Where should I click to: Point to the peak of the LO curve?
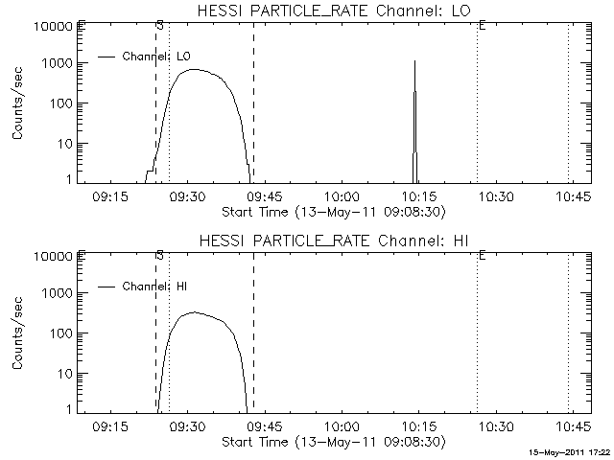coord(194,69)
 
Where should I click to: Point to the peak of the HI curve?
coord(195,312)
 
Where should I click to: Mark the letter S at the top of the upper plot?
coord(158,23)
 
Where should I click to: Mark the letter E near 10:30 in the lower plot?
coord(481,255)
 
